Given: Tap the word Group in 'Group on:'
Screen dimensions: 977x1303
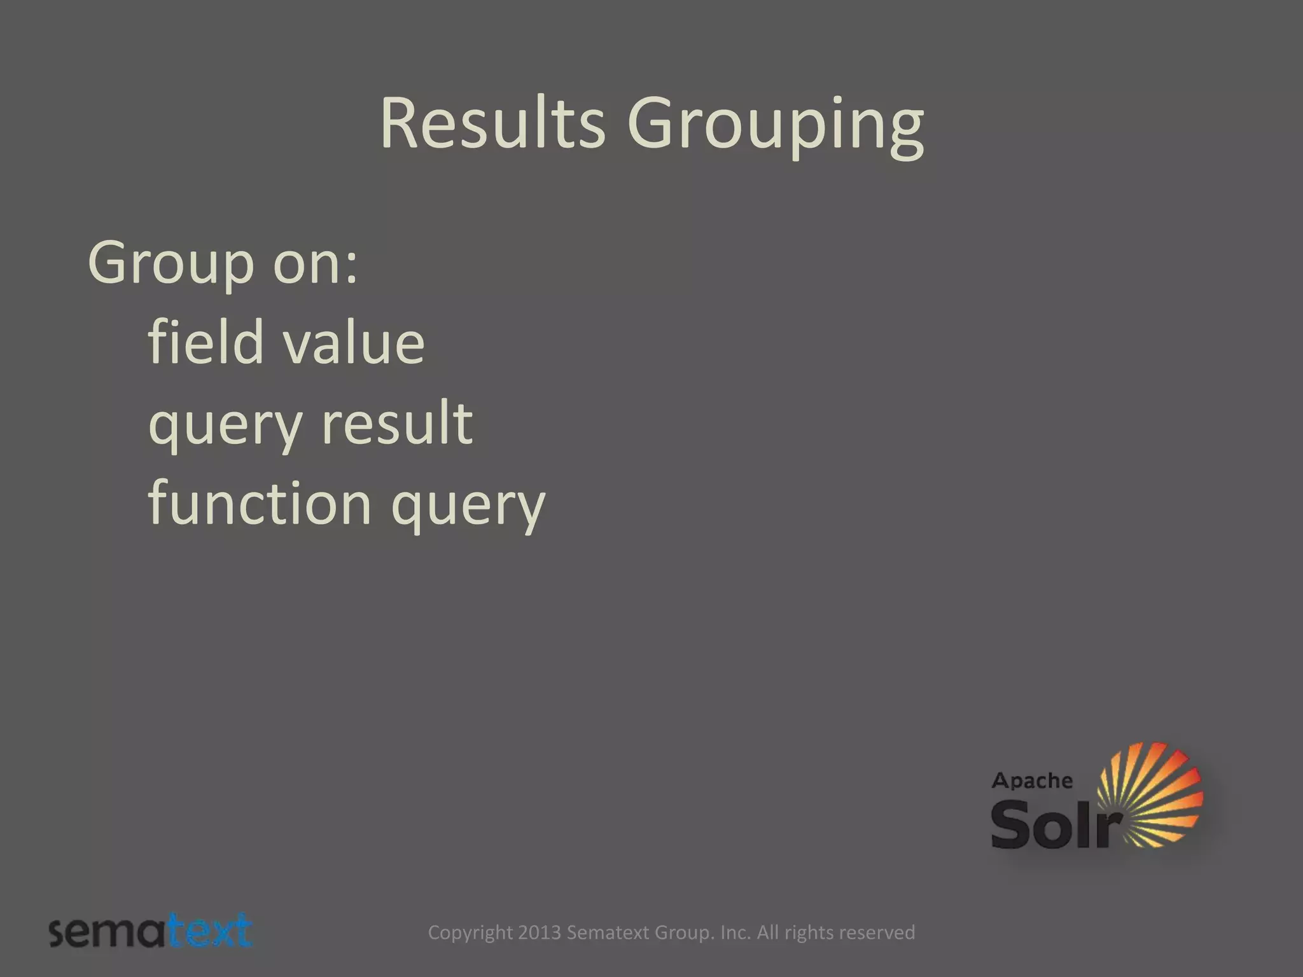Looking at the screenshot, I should (171, 263).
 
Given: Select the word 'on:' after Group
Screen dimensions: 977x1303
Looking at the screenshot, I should (316, 263).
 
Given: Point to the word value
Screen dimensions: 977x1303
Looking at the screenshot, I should (354, 343).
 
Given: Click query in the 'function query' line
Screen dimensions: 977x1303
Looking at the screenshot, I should (468, 508).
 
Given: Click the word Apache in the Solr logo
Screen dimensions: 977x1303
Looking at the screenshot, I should (1031, 781).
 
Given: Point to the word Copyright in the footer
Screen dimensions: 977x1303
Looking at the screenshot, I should (470, 933).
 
